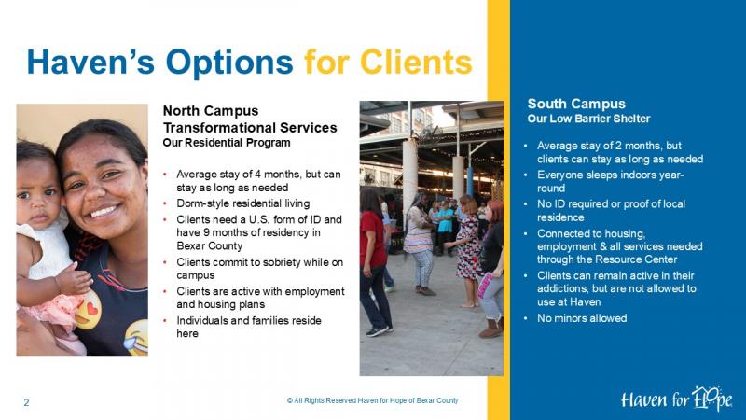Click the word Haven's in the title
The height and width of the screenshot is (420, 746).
(x=90, y=62)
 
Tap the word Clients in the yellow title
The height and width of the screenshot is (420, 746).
(x=416, y=62)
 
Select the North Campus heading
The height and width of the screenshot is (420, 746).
(x=211, y=111)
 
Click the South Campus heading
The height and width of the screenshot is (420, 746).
(x=576, y=104)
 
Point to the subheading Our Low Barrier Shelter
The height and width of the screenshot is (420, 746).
(x=588, y=119)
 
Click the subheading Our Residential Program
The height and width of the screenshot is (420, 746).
(x=227, y=143)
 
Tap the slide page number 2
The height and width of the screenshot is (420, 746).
(x=27, y=402)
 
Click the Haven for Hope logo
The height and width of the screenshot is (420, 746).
(x=676, y=399)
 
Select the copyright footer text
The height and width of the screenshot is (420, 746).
(x=372, y=400)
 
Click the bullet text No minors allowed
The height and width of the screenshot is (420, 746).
(x=582, y=318)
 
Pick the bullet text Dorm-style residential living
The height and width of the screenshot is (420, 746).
(x=243, y=203)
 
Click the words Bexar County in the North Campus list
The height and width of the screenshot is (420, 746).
(x=209, y=245)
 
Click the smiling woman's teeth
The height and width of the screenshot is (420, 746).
(x=104, y=211)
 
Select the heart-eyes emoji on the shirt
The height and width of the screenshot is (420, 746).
(x=88, y=310)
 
